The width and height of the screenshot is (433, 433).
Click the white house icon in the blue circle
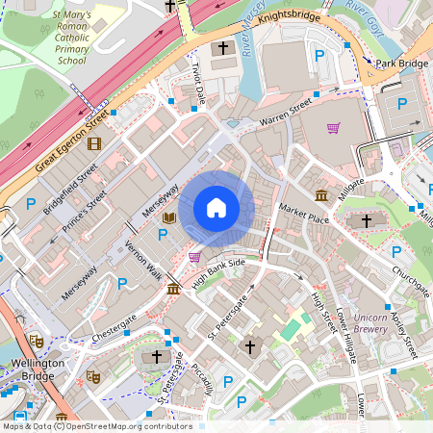point(216,208)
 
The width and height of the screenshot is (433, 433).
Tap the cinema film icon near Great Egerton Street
point(93,144)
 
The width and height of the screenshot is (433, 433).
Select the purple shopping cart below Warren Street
point(333,128)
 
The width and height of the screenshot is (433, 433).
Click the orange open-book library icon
point(170,219)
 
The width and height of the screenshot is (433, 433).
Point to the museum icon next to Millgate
point(320,196)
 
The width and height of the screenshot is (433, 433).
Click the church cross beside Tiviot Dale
point(222,48)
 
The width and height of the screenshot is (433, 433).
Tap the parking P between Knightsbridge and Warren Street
point(319,57)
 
